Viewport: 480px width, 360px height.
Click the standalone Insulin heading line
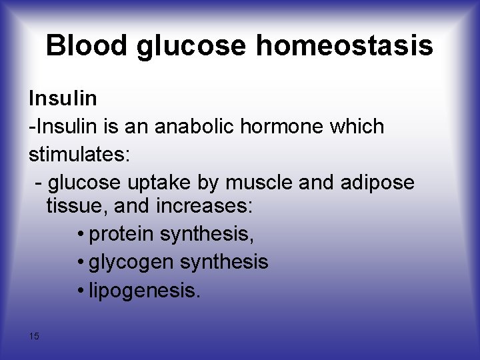(63, 99)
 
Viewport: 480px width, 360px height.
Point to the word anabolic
(210, 126)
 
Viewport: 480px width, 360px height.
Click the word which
(360, 126)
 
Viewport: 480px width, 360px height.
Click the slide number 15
(34, 336)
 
